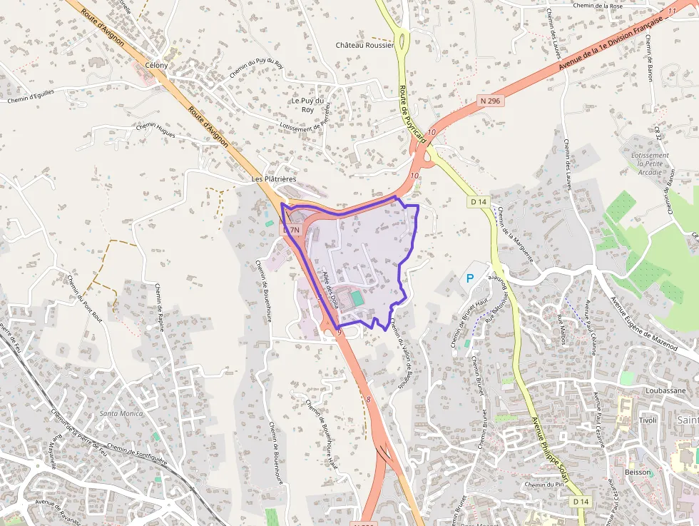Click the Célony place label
point(156,65)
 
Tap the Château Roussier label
point(364,45)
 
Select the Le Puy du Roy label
point(307,105)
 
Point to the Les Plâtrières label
point(274,178)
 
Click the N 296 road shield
point(491,101)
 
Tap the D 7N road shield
point(292,231)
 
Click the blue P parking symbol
point(470,278)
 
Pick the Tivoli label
point(648,420)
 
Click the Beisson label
point(638,472)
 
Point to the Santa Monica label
point(121,413)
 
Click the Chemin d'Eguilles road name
point(31,96)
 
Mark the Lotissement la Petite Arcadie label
point(650,163)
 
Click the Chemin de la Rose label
point(599,6)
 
